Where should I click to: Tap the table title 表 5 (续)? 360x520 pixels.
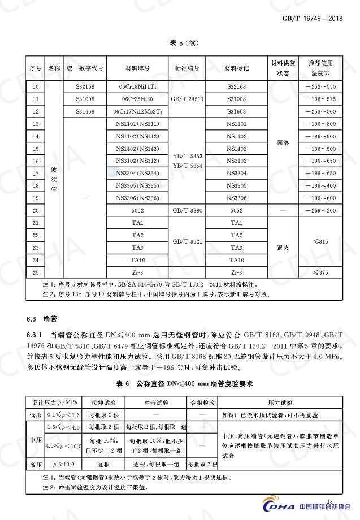pyautogui.click(x=184, y=43)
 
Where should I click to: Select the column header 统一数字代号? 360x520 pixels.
pyautogui.click(x=85, y=68)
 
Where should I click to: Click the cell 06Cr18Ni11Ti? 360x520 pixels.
pyautogui.click(x=137, y=86)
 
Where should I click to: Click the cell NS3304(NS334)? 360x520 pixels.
pyautogui.click(x=137, y=173)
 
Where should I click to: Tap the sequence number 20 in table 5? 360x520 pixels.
pyautogui.click(x=36, y=210)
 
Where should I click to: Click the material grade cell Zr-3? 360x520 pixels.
pyautogui.click(x=137, y=272)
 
